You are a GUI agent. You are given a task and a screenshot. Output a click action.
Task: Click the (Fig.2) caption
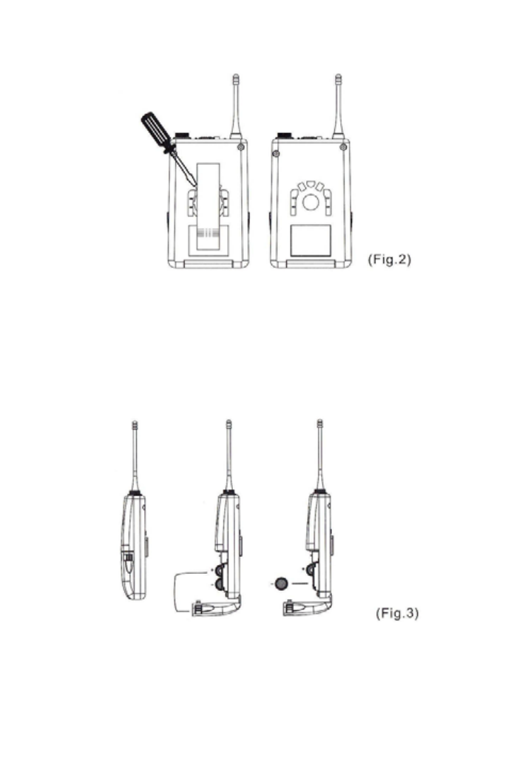tap(389, 259)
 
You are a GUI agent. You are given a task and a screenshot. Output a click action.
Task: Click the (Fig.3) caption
tap(397, 613)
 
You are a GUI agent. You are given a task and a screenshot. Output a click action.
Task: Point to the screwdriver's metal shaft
tap(184, 168)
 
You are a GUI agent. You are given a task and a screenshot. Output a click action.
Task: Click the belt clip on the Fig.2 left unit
tap(208, 206)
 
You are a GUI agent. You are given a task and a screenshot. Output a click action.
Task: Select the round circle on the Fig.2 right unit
tap(311, 202)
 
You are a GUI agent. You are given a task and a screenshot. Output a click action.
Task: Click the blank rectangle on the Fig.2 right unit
tap(311, 240)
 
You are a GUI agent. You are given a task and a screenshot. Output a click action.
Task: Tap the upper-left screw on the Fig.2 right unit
tap(276, 154)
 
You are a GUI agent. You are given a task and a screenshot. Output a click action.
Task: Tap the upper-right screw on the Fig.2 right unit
tap(343, 147)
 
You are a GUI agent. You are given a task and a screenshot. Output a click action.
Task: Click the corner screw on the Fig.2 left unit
tap(240, 147)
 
